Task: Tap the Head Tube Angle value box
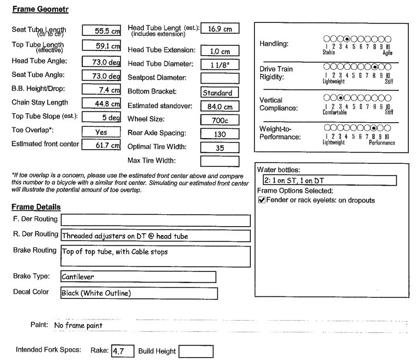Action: pos(101,62)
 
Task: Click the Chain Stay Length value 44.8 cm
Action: pos(101,104)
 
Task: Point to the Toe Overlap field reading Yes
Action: pos(101,132)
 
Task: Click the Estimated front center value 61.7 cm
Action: pos(101,146)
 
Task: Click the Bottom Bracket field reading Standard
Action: pos(220,93)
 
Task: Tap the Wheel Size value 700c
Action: pos(220,120)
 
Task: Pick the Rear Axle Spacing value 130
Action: pos(220,134)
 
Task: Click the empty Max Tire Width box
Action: pos(220,161)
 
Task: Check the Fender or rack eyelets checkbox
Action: pos(261,201)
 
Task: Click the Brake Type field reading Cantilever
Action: pos(137,277)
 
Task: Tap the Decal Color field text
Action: pos(137,292)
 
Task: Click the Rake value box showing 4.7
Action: pos(122,352)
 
